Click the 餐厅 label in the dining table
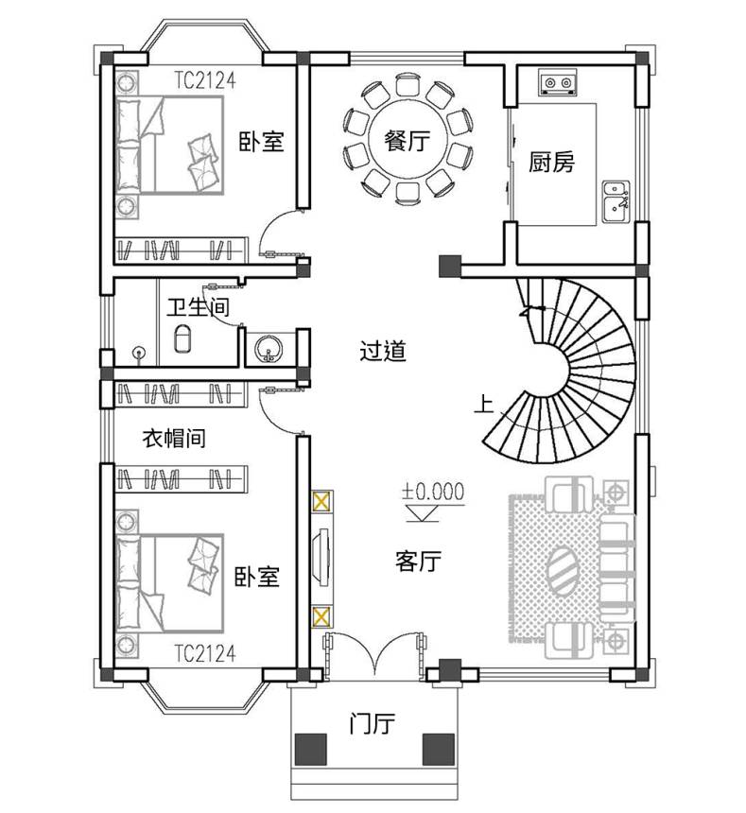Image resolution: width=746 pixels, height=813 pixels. coord(407,141)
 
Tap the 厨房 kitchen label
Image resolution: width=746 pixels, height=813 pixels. coord(551,162)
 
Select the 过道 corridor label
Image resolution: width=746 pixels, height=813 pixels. coord(383,351)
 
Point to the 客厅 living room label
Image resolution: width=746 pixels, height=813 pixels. coord(418,561)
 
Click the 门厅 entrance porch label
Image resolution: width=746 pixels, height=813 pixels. coord(373,723)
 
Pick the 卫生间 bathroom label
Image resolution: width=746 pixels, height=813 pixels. coord(198,307)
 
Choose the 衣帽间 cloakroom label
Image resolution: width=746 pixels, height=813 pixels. coord(174,439)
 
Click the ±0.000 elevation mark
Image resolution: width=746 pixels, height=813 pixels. coord(433,492)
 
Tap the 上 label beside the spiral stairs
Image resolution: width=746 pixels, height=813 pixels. coord(484,405)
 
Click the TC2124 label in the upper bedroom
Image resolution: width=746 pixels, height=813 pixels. coord(205,80)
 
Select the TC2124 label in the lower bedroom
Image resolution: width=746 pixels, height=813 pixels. coord(205,653)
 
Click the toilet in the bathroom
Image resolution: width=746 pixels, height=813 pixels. coord(182,338)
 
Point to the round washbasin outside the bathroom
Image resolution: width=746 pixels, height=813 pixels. coord(268,348)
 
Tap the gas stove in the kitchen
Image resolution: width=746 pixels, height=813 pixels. coord(558,82)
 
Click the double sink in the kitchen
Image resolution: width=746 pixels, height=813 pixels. coord(616,201)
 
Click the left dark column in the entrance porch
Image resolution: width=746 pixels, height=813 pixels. coord(310,750)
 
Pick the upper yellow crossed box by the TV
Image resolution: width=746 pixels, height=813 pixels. coord(321,502)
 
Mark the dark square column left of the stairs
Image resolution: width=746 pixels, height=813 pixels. coord(450,267)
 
